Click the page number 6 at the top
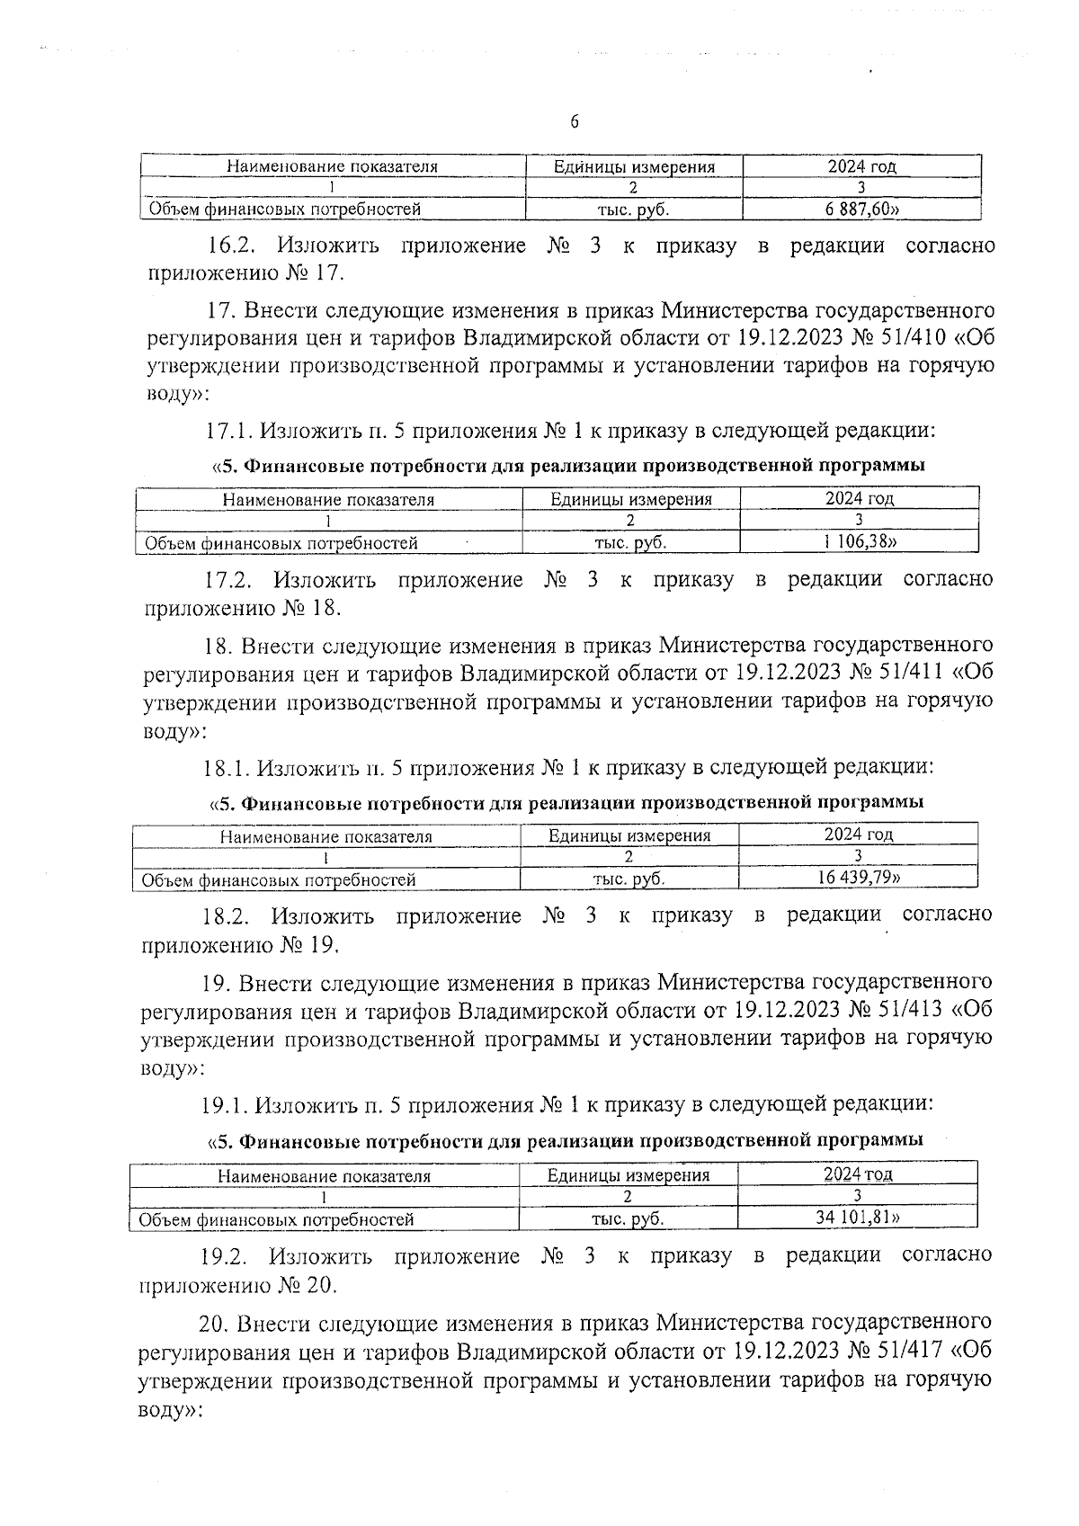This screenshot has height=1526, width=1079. pos(574,122)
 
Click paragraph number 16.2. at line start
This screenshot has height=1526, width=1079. pos(234,245)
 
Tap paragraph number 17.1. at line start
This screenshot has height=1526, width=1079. pos(230,431)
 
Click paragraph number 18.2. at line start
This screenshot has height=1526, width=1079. pos(228,916)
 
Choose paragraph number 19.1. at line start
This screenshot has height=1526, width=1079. pos(227,1102)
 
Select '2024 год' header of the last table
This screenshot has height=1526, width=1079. pos(858,1174)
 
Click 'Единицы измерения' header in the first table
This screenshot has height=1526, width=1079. pos(634,166)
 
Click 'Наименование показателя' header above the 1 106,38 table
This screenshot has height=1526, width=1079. pos(329,500)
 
